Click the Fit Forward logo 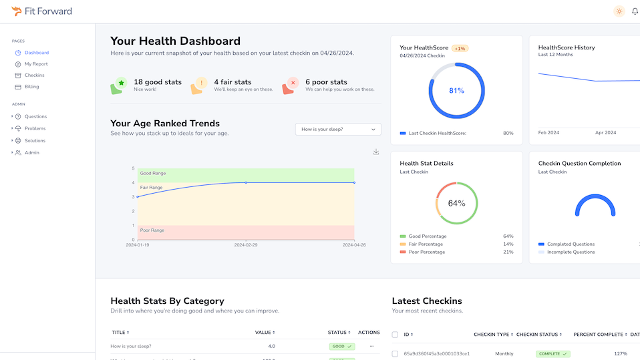(41, 11)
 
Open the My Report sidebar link (36, 64)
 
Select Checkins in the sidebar (34, 75)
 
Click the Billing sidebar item (31, 87)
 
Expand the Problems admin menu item (35, 128)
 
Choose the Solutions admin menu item (35, 141)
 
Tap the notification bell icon (635, 11)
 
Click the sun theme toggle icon (619, 11)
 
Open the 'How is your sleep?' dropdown (338, 129)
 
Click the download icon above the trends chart (376, 152)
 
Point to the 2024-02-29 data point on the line (246, 182)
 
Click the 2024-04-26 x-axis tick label (354, 245)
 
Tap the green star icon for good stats (120, 83)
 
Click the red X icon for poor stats (292, 83)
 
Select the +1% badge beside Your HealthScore (460, 48)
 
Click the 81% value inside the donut (456, 90)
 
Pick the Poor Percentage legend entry (426, 252)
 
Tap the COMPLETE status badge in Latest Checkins (552, 353)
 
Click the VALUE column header (265, 332)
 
